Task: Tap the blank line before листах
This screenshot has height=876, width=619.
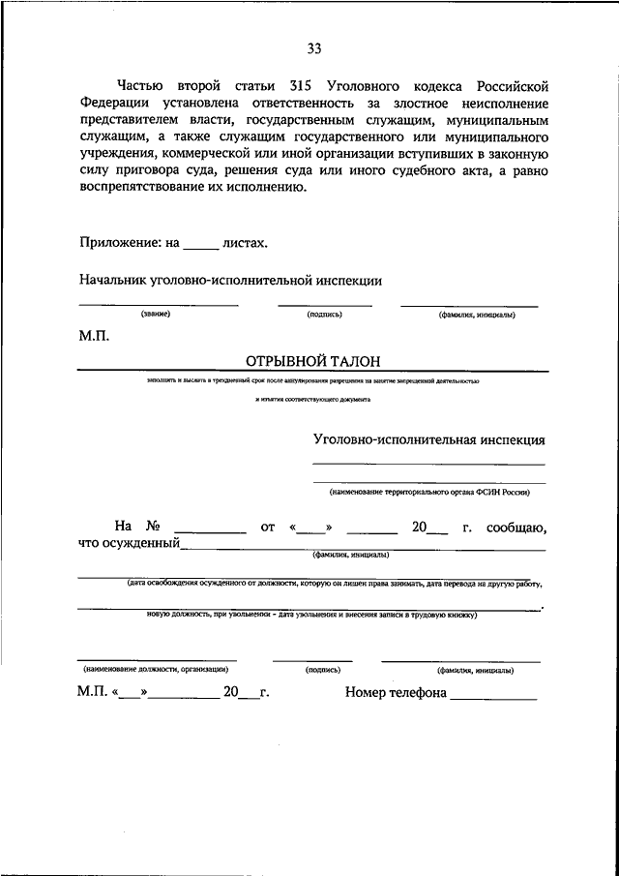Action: (201, 248)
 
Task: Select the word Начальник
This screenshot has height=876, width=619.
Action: (111, 280)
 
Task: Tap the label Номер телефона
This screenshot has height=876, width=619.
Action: (396, 693)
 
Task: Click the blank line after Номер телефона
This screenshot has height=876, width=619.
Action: (493, 697)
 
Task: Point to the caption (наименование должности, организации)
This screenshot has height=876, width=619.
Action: (156, 669)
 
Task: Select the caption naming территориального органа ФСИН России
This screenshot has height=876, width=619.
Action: (429, 492)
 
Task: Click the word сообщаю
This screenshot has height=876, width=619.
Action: (517, 528)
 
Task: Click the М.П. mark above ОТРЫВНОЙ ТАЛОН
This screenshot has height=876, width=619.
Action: (94, 337)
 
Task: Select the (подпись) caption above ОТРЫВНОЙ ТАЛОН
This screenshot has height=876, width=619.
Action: (323, 315)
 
